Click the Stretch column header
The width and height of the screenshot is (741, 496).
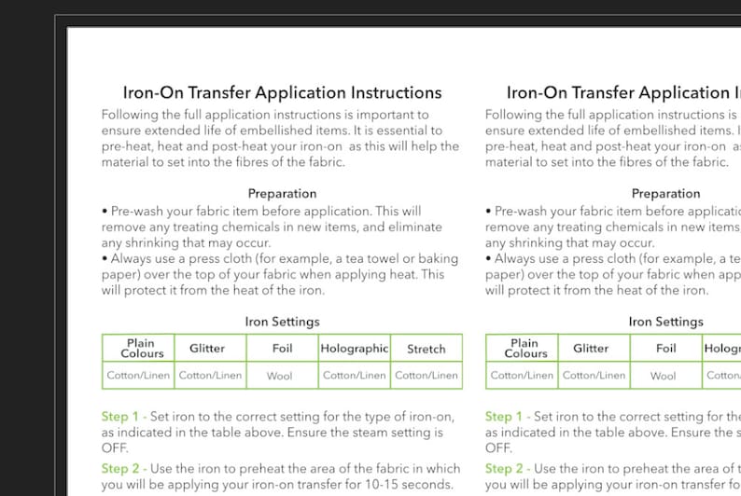[426, 349]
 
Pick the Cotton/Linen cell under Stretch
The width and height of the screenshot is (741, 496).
[426, 376]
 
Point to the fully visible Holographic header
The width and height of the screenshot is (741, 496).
[354, 349]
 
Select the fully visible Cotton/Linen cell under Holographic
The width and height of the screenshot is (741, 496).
[354, 376]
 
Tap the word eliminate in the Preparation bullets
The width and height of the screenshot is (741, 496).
[411, 227]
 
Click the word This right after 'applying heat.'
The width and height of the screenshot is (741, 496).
[432, 274]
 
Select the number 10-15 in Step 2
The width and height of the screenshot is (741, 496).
[382, 484]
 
